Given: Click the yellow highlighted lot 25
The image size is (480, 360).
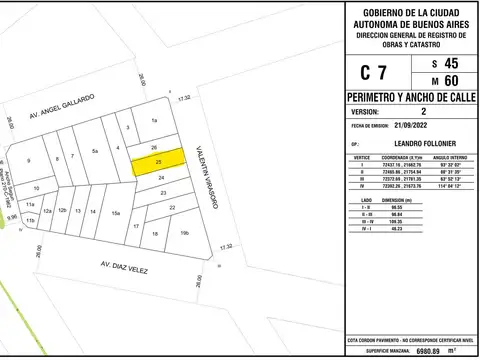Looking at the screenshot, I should pos(160,160).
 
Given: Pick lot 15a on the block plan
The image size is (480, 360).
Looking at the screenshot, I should pos(116,213).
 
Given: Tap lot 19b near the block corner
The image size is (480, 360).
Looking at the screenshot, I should pos(184,232).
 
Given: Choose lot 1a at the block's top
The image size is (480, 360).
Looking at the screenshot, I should pos(154,120).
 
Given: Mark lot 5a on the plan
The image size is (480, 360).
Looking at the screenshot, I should pos(95,151).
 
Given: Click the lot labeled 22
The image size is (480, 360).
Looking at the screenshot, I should pos(172,206).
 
